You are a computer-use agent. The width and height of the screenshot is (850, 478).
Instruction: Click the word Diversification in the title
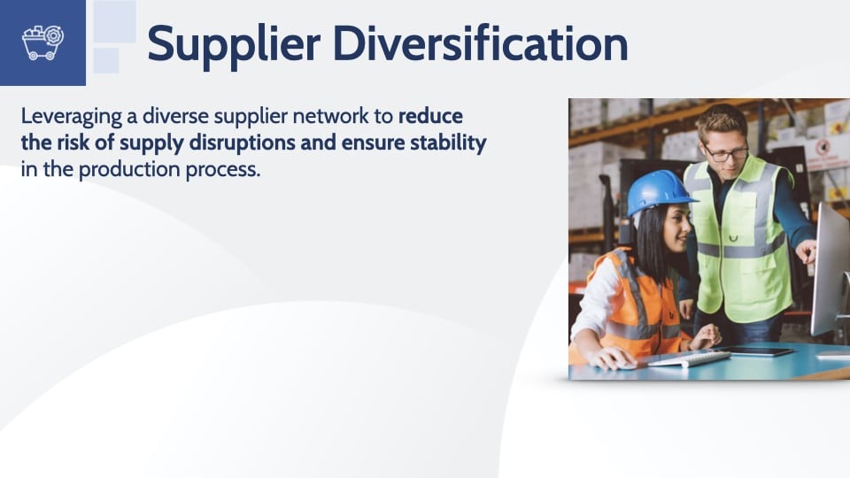click(x=480, y=42)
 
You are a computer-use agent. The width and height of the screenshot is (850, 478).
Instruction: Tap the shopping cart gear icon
click(x=42, y=42)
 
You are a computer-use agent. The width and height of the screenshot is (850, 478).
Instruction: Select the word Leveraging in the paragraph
click(x=72, y=118)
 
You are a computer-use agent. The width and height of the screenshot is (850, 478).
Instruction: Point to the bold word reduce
click(x=430, y=116)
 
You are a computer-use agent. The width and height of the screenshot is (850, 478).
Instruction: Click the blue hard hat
click(x=659, y=192)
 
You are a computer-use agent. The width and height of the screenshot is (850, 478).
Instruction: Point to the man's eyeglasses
click(x=726, y=153)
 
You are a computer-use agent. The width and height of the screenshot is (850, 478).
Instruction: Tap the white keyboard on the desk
click(x=689, y=358)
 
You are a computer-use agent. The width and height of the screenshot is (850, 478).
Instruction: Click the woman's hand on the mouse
click(x=610, y=358)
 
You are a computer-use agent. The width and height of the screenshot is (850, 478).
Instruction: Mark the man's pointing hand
click(x=807, y=251)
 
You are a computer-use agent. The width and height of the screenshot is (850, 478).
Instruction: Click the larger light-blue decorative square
click(x=115, y=21)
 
